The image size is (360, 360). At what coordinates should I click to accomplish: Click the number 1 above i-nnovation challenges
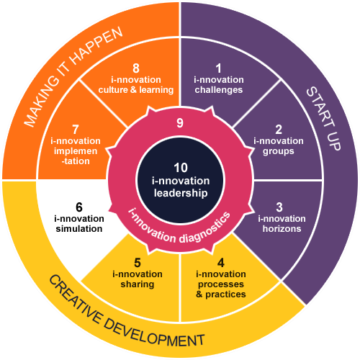point(218,68)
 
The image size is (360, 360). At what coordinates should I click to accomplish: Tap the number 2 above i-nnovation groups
point(279,130)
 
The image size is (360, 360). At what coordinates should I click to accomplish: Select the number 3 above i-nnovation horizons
point(279,207)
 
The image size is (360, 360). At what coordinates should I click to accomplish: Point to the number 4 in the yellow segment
point(221,263)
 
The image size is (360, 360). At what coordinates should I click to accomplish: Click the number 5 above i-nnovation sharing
point(138,263)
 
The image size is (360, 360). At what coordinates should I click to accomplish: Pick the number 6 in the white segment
point(79,207)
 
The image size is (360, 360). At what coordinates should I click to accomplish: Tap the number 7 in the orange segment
point(76,130)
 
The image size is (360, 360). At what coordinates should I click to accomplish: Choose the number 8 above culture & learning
point(136,68)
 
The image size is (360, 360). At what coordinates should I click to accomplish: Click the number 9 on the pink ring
point(180,123)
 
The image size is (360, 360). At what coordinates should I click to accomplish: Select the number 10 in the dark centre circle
point(181,168)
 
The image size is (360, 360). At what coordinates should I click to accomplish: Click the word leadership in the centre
point(181,193)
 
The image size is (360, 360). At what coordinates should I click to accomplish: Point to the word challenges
point(219,90)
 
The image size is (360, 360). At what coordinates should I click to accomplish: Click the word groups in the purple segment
point(279,152)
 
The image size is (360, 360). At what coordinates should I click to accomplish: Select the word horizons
point(282,229)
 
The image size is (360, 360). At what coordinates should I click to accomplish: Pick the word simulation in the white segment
point(79,229)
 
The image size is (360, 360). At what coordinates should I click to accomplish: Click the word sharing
point(138,284)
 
